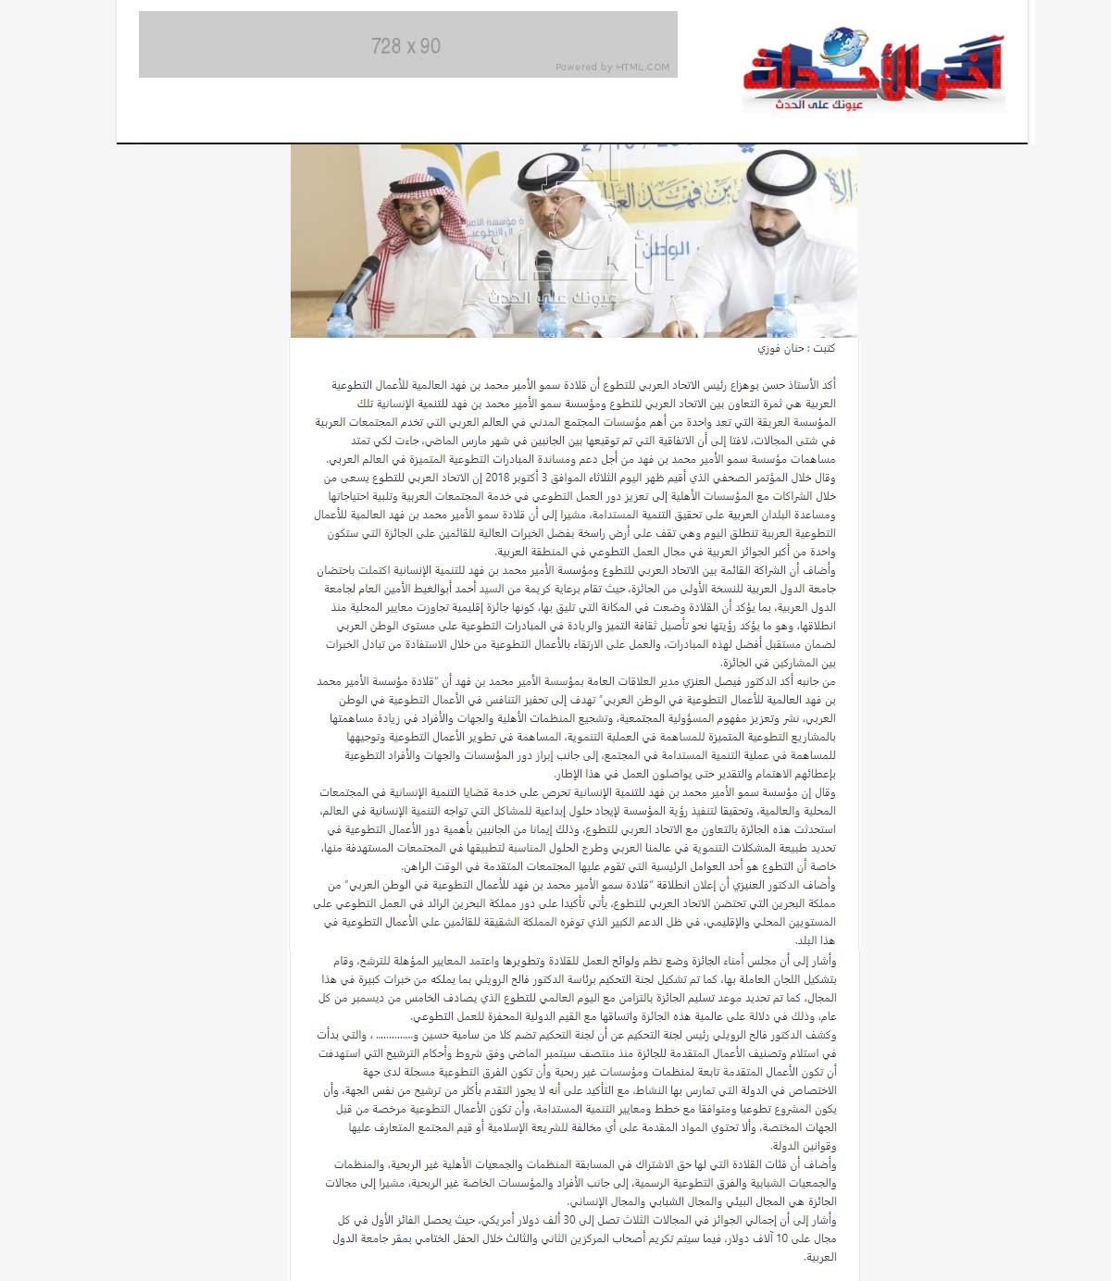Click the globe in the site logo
pyautogui.click(x=845, y=44)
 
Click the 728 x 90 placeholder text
pyautogui.click(x=406, y=45)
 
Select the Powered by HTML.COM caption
pyautogui.click(x=612, y=67)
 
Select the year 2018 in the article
pyautogui.click(x=498, y=478)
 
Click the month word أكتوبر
pyautogui.click(x=533, y=478)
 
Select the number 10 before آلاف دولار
pyautogui.click(x=781, y=1238)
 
